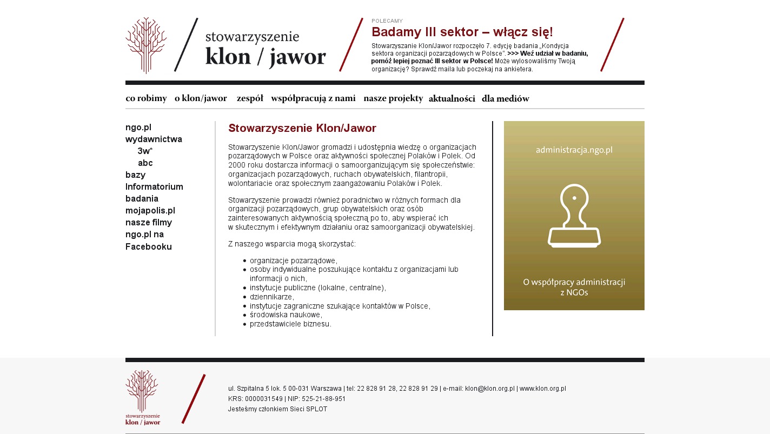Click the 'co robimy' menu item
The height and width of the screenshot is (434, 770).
click(x=146, y=98)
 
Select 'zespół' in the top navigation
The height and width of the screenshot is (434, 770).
click(x=250, y=98)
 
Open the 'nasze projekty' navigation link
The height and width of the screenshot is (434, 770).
click(x=393, y=98)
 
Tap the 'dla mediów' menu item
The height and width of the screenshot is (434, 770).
click(x=505, y=98)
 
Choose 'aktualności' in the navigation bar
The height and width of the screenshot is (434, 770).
click(x=452, y=98)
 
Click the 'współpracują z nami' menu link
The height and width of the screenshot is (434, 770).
click(x=313, y=98)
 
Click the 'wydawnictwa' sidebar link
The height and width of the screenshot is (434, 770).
click(x=154, y=139)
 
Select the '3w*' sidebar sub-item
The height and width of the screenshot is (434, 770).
click(x=145, y=151)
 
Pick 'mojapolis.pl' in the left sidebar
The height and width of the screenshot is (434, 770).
click(x=150, y=211)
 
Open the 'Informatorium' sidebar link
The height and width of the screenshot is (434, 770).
click(x=154, y=187)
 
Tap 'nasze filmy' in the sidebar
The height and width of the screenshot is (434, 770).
click(x=149, y=223)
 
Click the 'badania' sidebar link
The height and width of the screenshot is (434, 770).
click(x=142, y=199)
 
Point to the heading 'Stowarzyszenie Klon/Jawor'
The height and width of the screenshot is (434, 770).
click(x=302, y=128)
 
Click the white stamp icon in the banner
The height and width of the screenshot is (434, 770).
click(x=574, y=216)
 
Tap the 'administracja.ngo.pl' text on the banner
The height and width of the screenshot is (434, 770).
click(x=574, y=150)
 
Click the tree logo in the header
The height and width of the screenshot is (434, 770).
click(x=146, y=45)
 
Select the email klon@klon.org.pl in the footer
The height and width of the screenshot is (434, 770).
click(x=489, y=389)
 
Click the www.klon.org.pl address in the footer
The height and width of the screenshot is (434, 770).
click(x=542, y=389)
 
